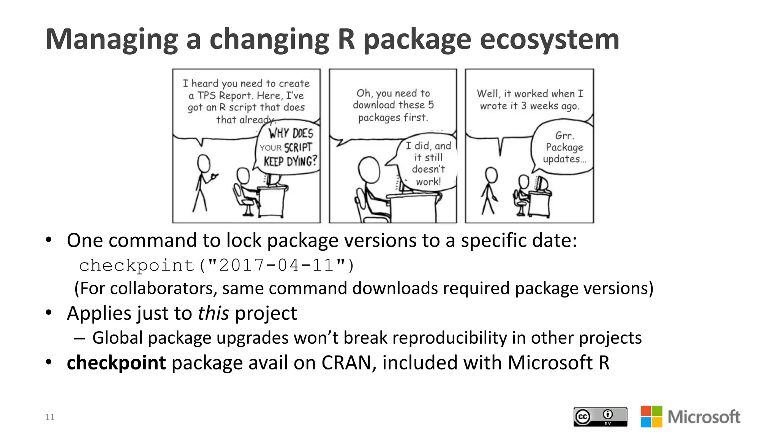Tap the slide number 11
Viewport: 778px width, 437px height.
(50, 417)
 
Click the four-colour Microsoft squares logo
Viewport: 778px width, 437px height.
(651, 417)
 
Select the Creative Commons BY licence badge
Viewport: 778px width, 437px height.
(600, 417)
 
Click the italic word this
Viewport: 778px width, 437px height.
(213, 313)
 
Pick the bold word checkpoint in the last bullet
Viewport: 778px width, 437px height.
(116, 363)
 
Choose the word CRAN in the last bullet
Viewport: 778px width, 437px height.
(349, 363)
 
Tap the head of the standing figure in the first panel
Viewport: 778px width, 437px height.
(204, 163)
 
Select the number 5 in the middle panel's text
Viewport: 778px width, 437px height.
(430, 105)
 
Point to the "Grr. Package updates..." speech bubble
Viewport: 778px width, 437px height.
(564, 147)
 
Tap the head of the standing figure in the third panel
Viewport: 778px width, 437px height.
(491, 175)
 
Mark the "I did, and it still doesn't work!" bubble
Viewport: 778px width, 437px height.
(428, 163)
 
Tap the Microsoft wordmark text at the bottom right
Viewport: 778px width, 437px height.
(704, 417)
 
